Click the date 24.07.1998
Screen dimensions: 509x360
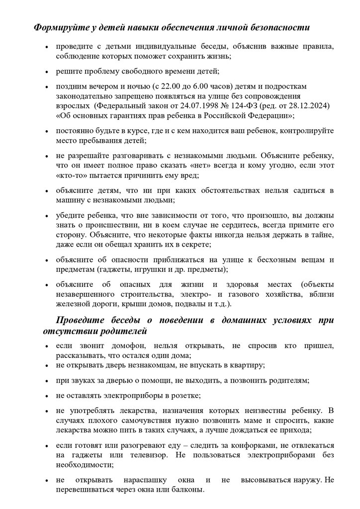204,106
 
